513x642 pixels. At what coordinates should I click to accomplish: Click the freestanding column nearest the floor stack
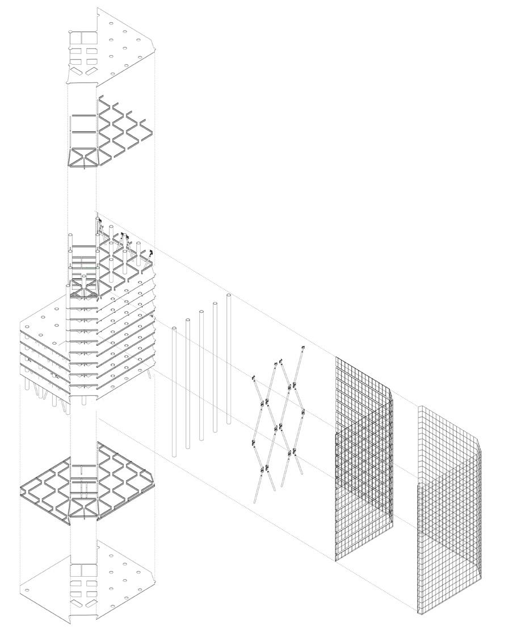click(174, 392)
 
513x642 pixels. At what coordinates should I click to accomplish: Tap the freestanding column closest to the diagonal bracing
click(229, 358)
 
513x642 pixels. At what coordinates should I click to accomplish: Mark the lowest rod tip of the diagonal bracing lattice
click(255, 501)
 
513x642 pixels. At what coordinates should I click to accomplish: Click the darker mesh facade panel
click(363, 460)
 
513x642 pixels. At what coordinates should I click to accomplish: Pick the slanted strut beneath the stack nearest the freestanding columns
click(149, 374)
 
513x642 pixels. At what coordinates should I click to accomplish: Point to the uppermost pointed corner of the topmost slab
click(98, 9)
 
